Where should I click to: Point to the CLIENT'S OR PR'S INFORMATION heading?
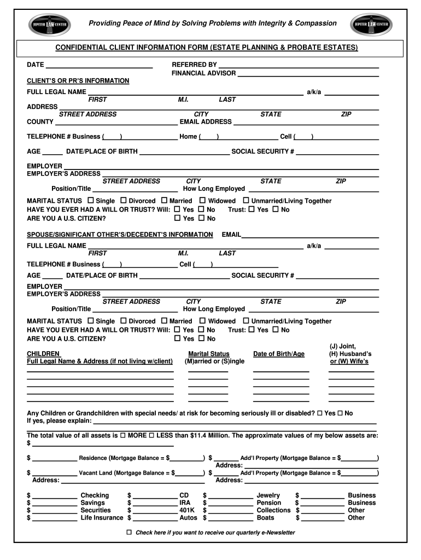pos(78,81)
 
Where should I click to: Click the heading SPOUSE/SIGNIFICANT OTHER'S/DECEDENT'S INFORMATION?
pos(120,235)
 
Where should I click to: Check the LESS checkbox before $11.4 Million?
pos(151,435)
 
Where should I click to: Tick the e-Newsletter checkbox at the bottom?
pos(130,532)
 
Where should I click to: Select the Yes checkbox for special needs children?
pos(320,413)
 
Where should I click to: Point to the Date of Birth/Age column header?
pos(279,354)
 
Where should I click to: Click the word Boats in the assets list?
pos(265,517)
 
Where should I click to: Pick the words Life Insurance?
pos(102,517)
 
